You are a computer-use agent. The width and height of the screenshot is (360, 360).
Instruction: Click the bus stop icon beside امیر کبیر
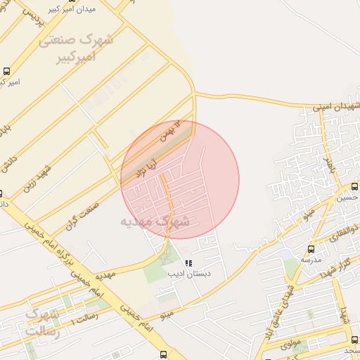[x=6, y=71]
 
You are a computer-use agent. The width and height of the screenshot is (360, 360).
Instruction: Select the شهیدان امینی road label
[x=337, y=106]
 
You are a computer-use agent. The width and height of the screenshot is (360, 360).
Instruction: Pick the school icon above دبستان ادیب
[x=187, y=263]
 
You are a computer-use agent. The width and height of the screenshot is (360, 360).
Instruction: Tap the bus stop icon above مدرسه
[x=310, y=249]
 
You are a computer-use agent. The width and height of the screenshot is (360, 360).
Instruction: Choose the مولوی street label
[x=288, y=344]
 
